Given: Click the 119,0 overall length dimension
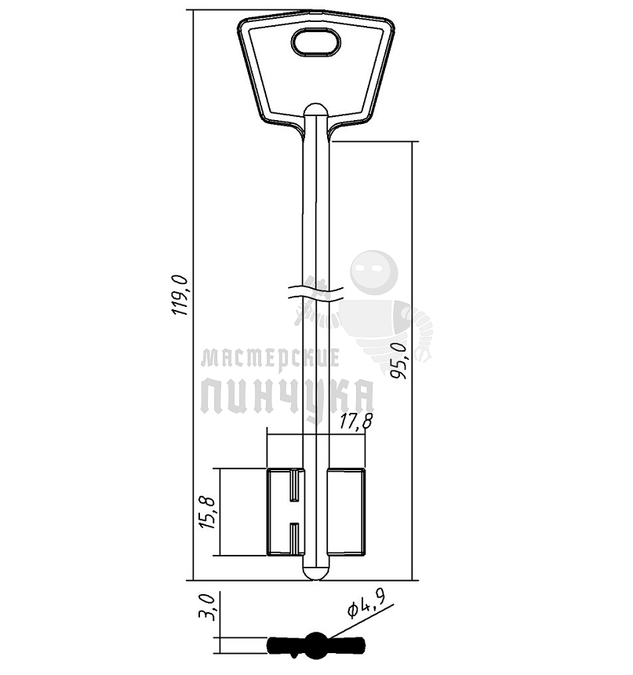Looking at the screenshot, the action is pos(180,295).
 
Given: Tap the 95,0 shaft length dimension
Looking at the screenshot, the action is pos(398,361).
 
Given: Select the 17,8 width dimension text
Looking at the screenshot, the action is pos(356,421).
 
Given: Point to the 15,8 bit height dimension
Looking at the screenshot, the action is pos(206,513).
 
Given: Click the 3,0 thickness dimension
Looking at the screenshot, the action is pos(206,607).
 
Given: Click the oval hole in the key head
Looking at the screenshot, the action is pos(316,42).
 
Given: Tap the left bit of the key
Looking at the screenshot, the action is pos(286,512).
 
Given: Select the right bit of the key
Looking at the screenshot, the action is pos(347,512).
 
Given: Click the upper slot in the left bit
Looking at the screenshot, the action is pos(294,485).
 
